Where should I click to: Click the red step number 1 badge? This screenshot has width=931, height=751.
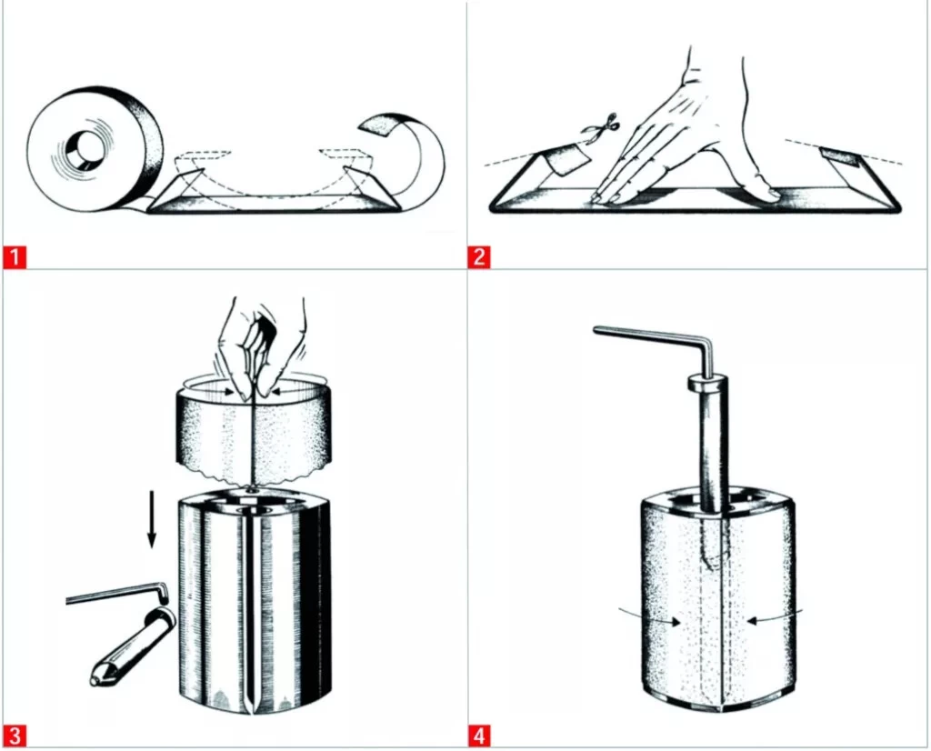point(15,257)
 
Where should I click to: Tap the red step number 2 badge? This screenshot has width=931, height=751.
point(479,257)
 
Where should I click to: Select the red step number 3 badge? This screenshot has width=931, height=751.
point(15,736)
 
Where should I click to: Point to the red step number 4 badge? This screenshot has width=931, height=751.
point(479,736)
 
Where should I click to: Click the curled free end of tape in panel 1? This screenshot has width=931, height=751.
point(410,155)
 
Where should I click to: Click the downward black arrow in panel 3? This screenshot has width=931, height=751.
point(152,517)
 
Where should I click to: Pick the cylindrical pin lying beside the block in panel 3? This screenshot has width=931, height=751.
point(132,648)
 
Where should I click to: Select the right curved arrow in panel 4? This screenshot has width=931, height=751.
point(775,616)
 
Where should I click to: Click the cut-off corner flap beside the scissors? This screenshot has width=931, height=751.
point(567,159)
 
